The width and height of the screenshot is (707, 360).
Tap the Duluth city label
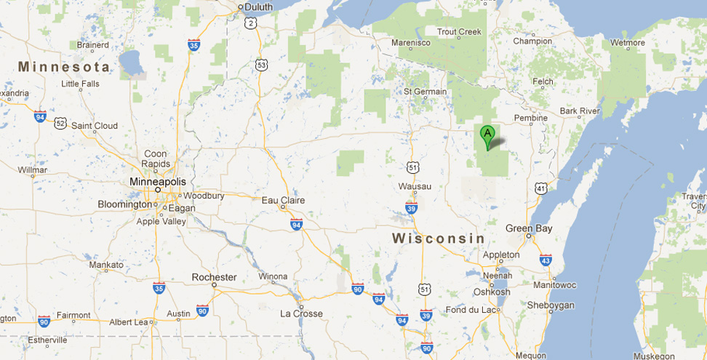pos(259,7)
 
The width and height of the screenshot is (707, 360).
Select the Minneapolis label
pos(157,181)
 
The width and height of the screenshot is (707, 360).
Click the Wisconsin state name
pos(439,239)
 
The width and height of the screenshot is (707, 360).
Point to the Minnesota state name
pos(65,67)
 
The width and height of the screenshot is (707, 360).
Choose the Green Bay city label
pos(529,228)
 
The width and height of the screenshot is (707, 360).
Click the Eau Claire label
pos(283,200)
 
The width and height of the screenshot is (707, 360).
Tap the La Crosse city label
pos(301,313)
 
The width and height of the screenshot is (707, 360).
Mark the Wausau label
pos(415,186)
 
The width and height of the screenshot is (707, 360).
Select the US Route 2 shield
pos(250,23)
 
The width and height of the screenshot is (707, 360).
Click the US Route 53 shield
pos(262,65)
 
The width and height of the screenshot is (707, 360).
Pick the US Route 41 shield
pos(540,188)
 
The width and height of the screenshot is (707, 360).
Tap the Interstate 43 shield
pos(546,260)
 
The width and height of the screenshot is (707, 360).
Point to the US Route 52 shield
pos(60,123)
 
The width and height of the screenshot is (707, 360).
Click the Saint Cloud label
pos(95,126)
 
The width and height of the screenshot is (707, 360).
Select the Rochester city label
pos(214,277)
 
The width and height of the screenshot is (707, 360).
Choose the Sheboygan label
pos(550,305)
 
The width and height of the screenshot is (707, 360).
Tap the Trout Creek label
pos(459,31)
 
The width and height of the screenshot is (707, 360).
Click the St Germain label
pos(425,92)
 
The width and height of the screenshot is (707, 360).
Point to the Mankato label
pos(106,265)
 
